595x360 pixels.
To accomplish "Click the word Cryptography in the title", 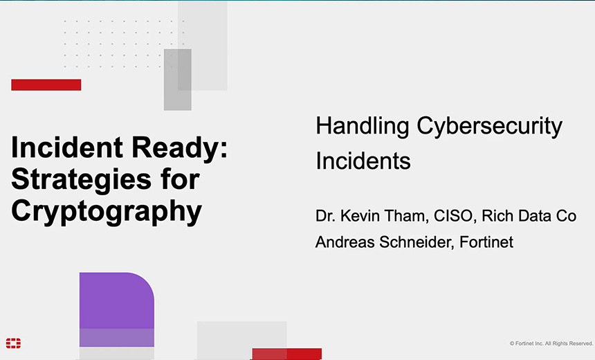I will [x=107, y=210].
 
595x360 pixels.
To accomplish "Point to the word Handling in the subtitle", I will [x=362, y=127].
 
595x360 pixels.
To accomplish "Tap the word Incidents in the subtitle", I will [x=363, y=161].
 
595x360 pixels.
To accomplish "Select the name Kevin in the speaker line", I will [x=360, y=216].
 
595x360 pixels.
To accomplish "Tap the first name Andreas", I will [x=342, y=242].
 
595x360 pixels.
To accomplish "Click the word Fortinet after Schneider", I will [x=486, y=242].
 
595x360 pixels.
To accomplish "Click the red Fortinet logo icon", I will [x=13, y=343].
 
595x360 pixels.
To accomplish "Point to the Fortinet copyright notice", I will [x=551, y=343].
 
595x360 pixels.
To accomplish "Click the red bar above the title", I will [x=46, y=84].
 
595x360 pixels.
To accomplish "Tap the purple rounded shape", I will [x=116, y=305].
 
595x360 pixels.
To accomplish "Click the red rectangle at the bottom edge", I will [x=286, y=354].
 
